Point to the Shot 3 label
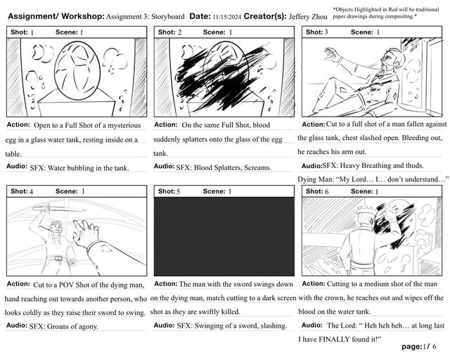[316, 32]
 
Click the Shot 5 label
[169, 191]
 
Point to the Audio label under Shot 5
[165, 325]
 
